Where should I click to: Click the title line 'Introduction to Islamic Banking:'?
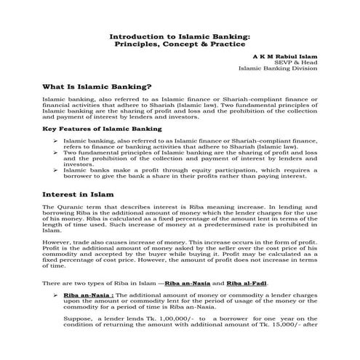pos(179,35)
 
